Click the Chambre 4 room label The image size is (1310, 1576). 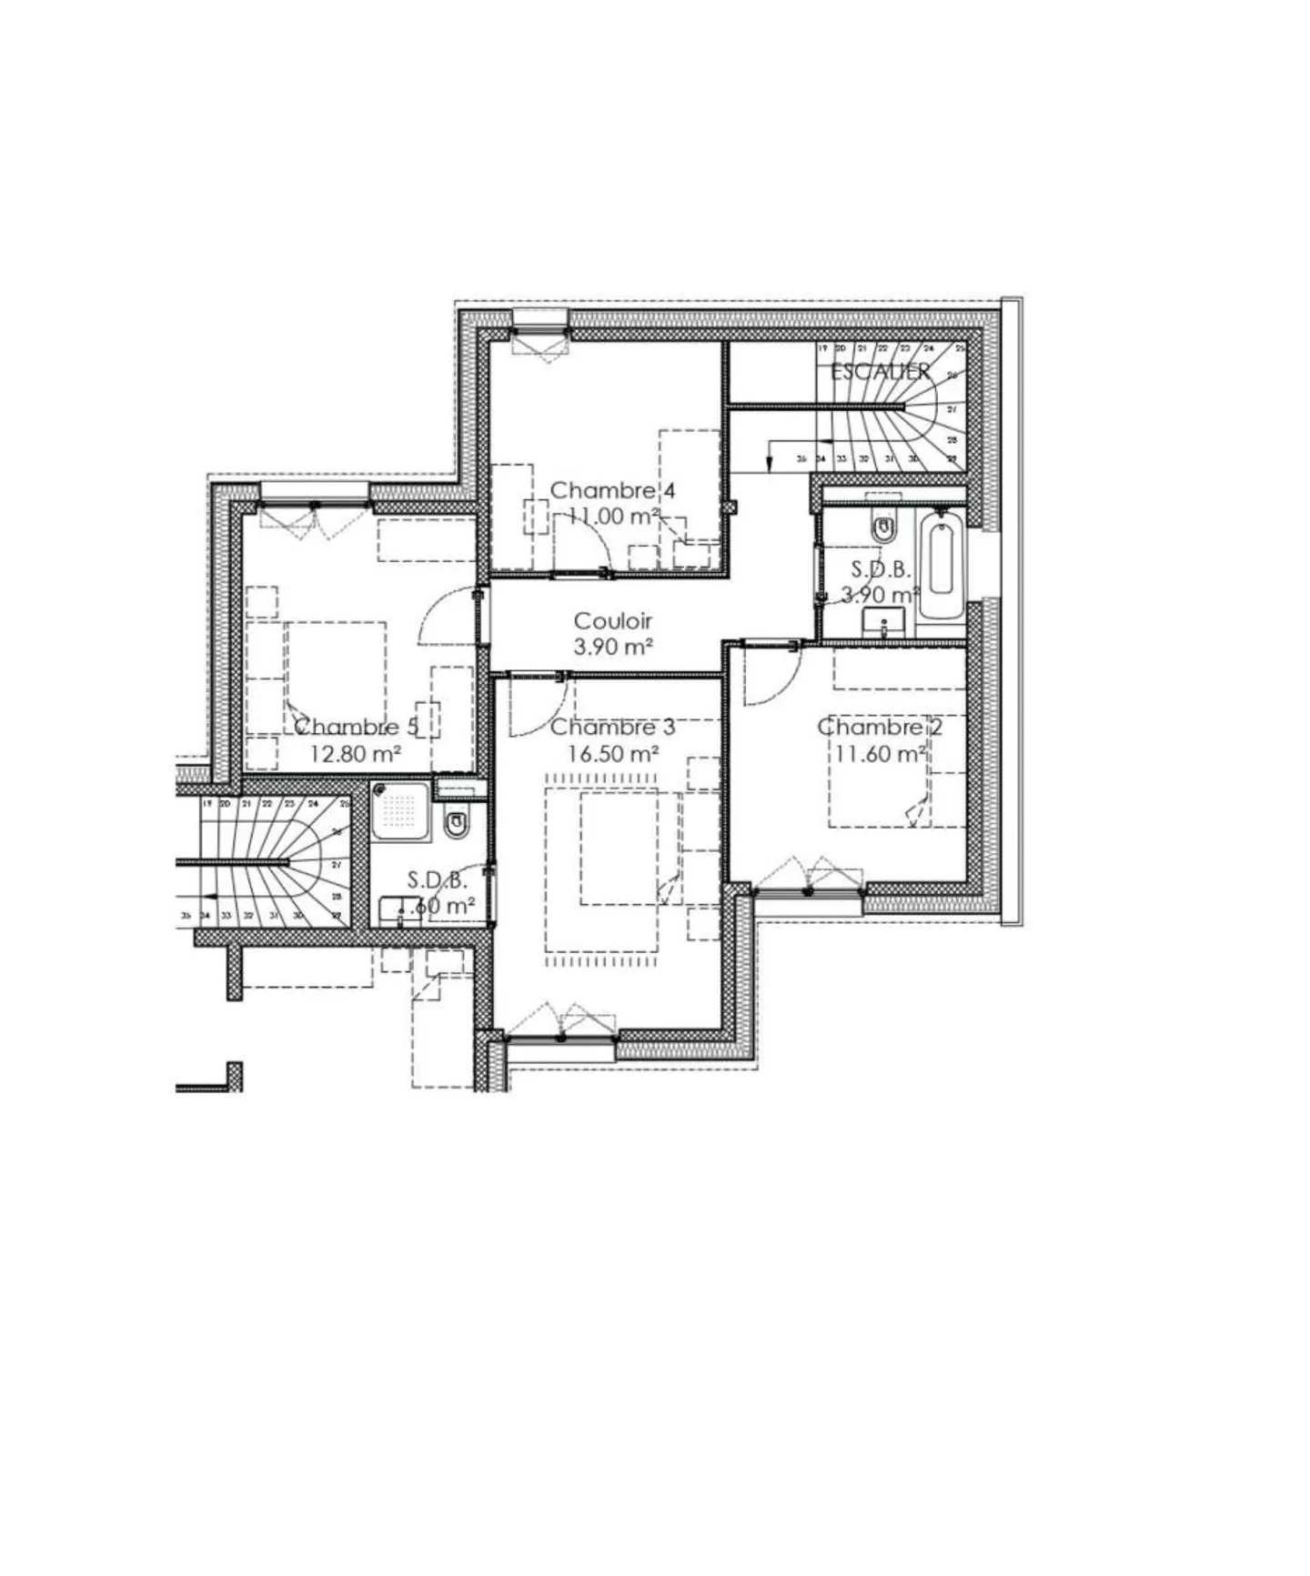tap(612, 491)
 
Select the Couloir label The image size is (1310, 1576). tap(612, 621)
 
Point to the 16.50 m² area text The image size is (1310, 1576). tap(612, 754)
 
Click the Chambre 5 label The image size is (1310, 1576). tap(355, 727)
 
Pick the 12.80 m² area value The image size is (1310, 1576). tap(356, 754)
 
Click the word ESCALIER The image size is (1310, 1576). tap(880, 371)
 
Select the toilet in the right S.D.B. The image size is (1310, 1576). tap(882, 527)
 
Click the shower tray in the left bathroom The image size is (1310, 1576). tap(400, 810)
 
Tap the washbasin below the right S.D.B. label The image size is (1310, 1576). tap(883, 623)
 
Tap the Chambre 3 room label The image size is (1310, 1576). tap(612, 728)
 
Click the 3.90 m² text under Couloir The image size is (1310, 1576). tap(612, 647)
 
